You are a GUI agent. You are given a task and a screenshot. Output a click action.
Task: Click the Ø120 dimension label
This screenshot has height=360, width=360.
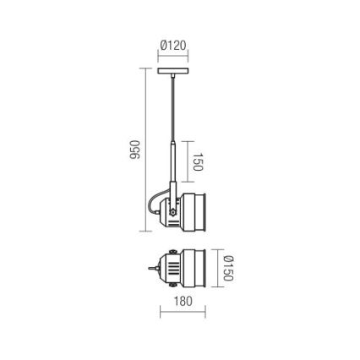[x=172, y=46]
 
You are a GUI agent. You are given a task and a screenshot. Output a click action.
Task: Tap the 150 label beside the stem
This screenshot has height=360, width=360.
[x=197, y=161]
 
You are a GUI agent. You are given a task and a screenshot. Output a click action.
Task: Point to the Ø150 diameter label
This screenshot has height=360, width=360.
[x=227, y=270]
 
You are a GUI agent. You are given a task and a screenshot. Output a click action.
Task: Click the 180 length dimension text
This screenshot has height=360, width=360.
[x=183, y=301]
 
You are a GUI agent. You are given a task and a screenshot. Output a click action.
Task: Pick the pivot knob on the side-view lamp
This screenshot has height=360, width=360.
[x=172, y=210]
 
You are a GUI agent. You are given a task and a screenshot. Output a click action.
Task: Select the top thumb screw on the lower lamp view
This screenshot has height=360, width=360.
[x=172, y=252]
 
